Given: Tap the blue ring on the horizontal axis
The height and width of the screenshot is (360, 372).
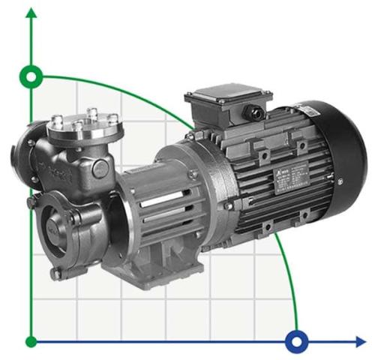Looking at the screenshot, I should (x=297, y=342).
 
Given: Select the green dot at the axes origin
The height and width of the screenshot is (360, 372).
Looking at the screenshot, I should (x=31, y=342).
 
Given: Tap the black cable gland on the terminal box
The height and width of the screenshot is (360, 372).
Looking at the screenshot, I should (x=256, y=115).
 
